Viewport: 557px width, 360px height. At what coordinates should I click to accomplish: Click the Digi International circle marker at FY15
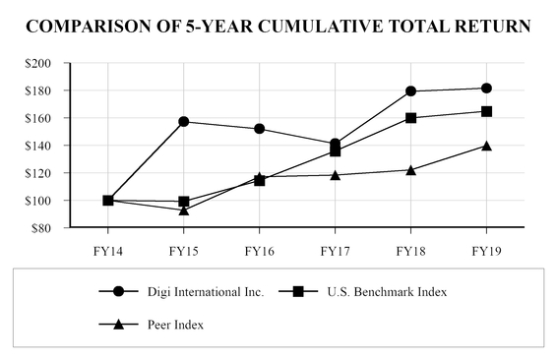pos(184,122)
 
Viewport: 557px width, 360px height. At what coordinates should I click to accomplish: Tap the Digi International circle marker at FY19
pos(486,89)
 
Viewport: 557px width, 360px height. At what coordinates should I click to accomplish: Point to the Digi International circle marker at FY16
pos(260,129)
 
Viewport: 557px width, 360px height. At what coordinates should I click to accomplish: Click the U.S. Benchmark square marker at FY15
pos(184,202)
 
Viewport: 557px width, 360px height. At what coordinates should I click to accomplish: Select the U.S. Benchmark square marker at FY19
pos(486,111)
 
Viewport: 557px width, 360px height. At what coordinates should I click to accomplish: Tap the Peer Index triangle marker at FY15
pos(184,210)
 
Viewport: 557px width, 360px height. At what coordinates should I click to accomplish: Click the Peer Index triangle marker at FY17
pos(336,175)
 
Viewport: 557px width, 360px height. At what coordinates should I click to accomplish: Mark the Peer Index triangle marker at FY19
pos(486,146)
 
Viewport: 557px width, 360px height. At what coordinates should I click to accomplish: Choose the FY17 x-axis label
pos(336,249)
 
